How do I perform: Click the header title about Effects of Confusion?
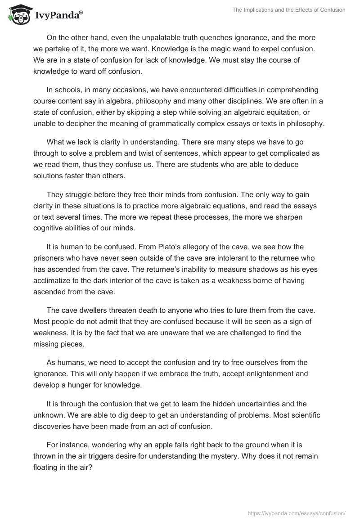pos(288,10)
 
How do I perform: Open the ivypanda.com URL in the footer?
pos(290,513)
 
